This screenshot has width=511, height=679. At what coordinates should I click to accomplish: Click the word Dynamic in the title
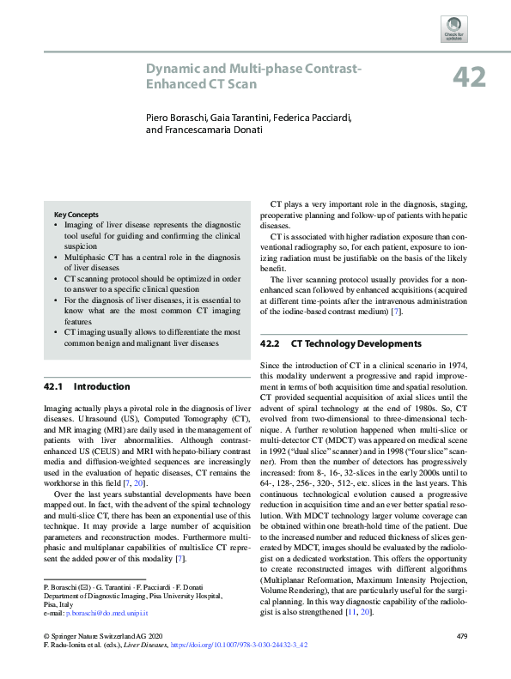click(x=170, y=69)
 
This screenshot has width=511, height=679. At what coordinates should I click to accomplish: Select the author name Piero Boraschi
click(x=176, y=116)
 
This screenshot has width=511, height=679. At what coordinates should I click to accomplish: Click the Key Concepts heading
click(x=76, y=215)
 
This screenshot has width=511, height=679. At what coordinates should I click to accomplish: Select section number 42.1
click(x=54, y=387)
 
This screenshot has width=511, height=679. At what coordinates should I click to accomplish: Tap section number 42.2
click(x=271, y=344)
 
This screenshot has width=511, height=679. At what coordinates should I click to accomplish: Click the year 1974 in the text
click(x=453, y=365)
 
